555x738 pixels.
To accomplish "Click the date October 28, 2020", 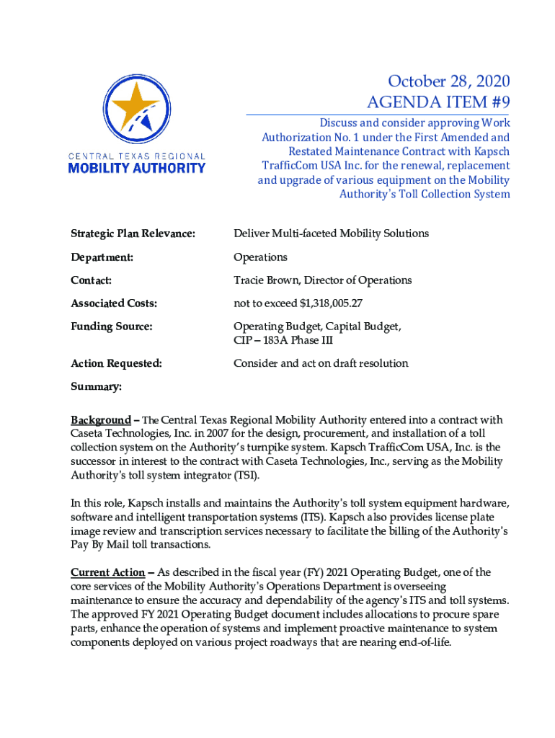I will [448, 81].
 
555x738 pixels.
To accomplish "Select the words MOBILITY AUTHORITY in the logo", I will [136, 168].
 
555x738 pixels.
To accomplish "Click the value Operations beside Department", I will [260, 257].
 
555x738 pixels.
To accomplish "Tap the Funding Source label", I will [111, 327].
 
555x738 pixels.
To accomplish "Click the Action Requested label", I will [115, 363].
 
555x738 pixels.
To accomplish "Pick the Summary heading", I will [96, 387].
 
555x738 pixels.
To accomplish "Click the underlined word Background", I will [100, 420].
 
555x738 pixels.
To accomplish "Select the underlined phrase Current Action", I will [107, 573].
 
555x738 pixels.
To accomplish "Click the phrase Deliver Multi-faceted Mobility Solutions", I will [331, 234].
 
